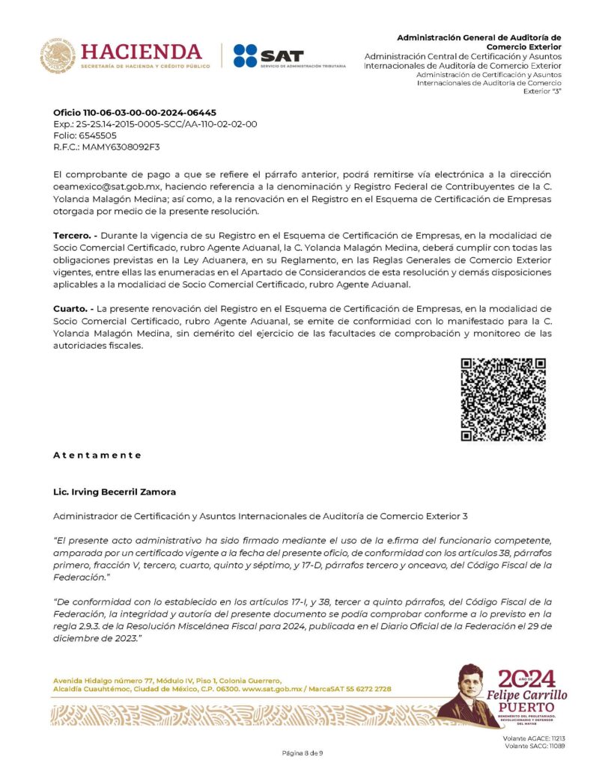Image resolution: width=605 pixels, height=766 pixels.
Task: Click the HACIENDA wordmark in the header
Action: pyautogui.click(x=141, y=52)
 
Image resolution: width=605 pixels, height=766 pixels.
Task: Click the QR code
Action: pyautogui.click(x=502, y=399)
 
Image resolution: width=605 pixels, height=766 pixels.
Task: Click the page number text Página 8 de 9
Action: pyautogui.click(x=302, y=751)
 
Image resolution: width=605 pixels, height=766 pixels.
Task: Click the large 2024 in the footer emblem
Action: pyautogui.click(x=528, y=678)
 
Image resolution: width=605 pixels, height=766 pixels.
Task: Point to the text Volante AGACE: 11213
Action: pyautogui.click(x=535, y=738)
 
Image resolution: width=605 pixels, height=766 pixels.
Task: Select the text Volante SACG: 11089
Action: pyautogui.click(x=535, y=746)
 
